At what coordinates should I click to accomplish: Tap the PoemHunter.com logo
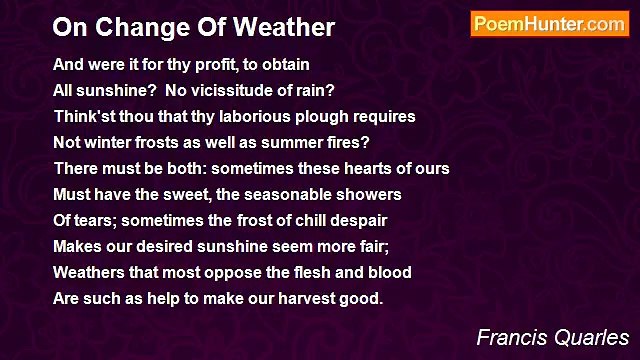pos(549,25)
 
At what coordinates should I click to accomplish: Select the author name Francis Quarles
pos(552,336)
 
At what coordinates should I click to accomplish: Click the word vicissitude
pos(236,90)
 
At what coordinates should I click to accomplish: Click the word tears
pos(96,220)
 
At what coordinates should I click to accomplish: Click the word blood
pos(389,272)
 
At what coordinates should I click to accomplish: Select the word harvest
pos(305,298)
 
